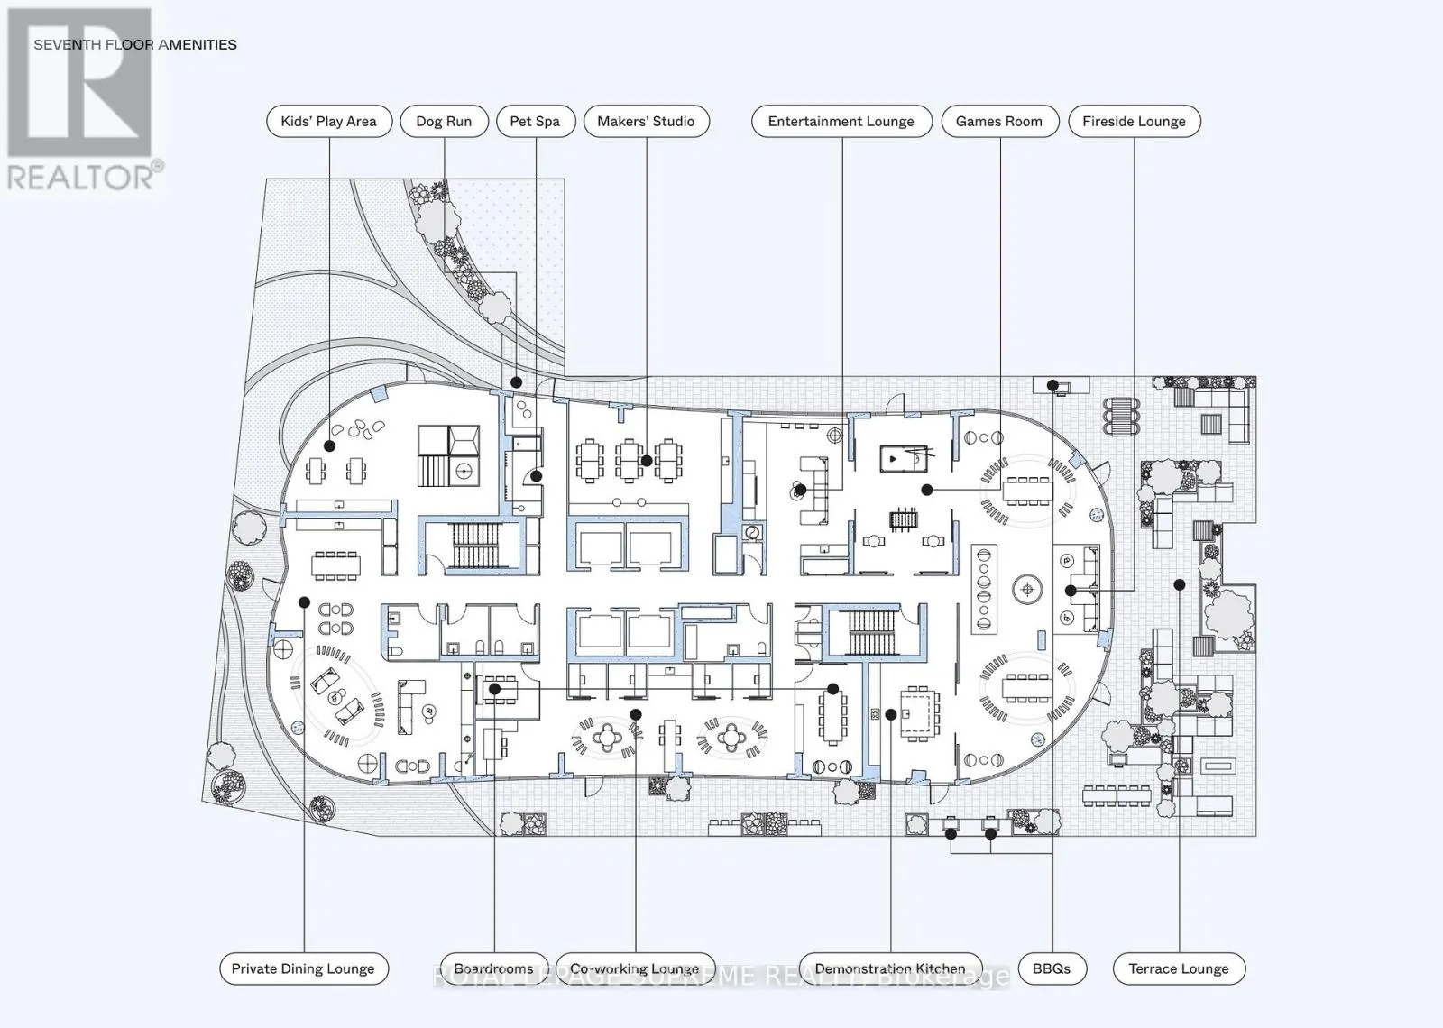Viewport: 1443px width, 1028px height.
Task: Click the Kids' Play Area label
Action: coord(328,122)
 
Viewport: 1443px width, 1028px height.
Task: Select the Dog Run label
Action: coord(444,122)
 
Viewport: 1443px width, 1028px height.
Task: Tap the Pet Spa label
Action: coord(535,122)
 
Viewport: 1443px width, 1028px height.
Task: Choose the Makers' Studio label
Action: coord(646,122)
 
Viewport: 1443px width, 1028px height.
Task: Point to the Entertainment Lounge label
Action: coord(841,122)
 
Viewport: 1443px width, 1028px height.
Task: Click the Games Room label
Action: coord(999,122)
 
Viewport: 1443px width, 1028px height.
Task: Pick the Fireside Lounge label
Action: coord(1134,122)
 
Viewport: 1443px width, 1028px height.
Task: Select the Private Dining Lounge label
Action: coord(303,968)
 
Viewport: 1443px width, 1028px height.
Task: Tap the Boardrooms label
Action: coord(493,968)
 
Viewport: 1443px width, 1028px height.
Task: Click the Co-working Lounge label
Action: coord(634,968)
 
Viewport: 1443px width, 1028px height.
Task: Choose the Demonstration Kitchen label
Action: coord(890,968)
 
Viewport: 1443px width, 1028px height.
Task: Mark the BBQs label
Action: coord(1052,968)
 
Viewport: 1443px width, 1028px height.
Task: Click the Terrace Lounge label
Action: coord(1179,968)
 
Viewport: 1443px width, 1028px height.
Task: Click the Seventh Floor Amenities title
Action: coord(135,44)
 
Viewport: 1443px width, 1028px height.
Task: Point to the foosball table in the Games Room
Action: coord(903,519)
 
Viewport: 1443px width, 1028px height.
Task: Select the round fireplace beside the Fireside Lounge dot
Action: coord(1026,591)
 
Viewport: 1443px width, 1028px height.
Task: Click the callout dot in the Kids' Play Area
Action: coord(329,445)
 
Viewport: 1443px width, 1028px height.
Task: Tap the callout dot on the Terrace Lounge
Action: coord(1179,585)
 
